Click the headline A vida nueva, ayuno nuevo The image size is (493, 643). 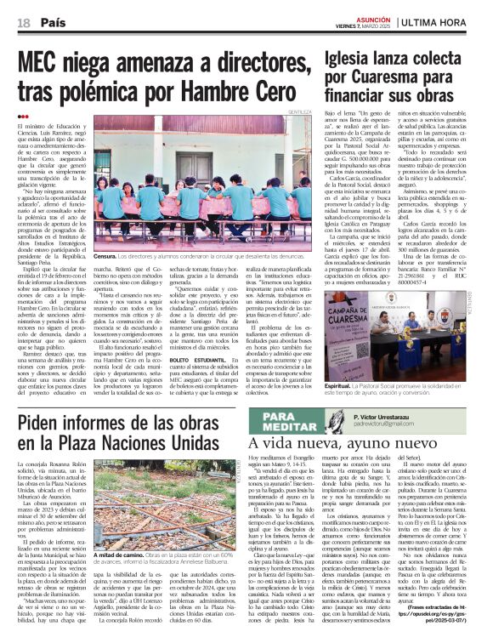pos(340,442)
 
